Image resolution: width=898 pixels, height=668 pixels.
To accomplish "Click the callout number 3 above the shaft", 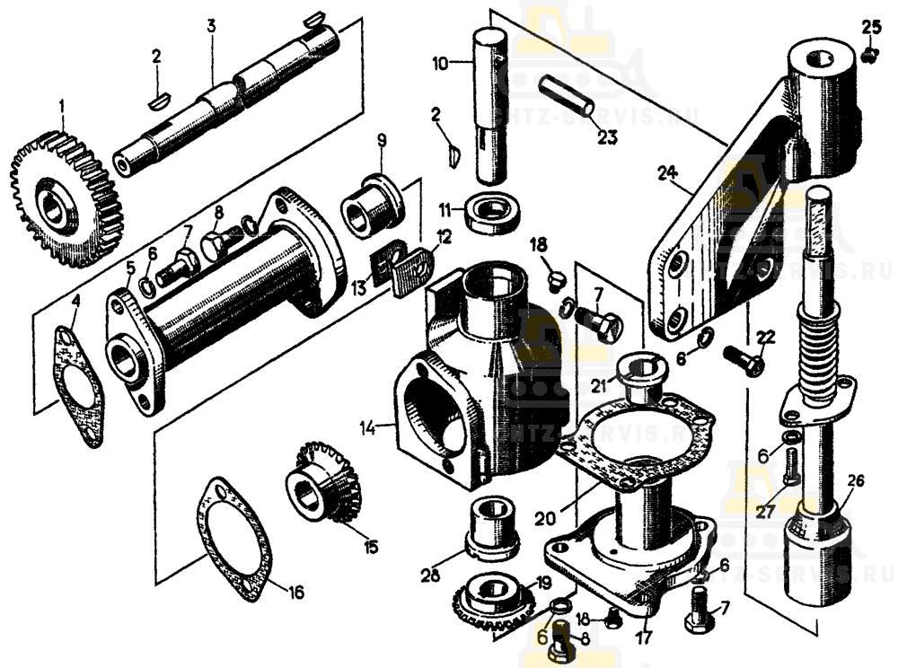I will coord(211,25).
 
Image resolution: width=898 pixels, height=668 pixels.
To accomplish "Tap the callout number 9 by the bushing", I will coord(381,140).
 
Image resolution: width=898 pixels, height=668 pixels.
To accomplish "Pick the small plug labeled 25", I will coord(868,55).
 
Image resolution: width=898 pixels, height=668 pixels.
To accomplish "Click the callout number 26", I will coord(855,481).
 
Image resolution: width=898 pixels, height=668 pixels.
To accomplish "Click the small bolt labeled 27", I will coord(789,465).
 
